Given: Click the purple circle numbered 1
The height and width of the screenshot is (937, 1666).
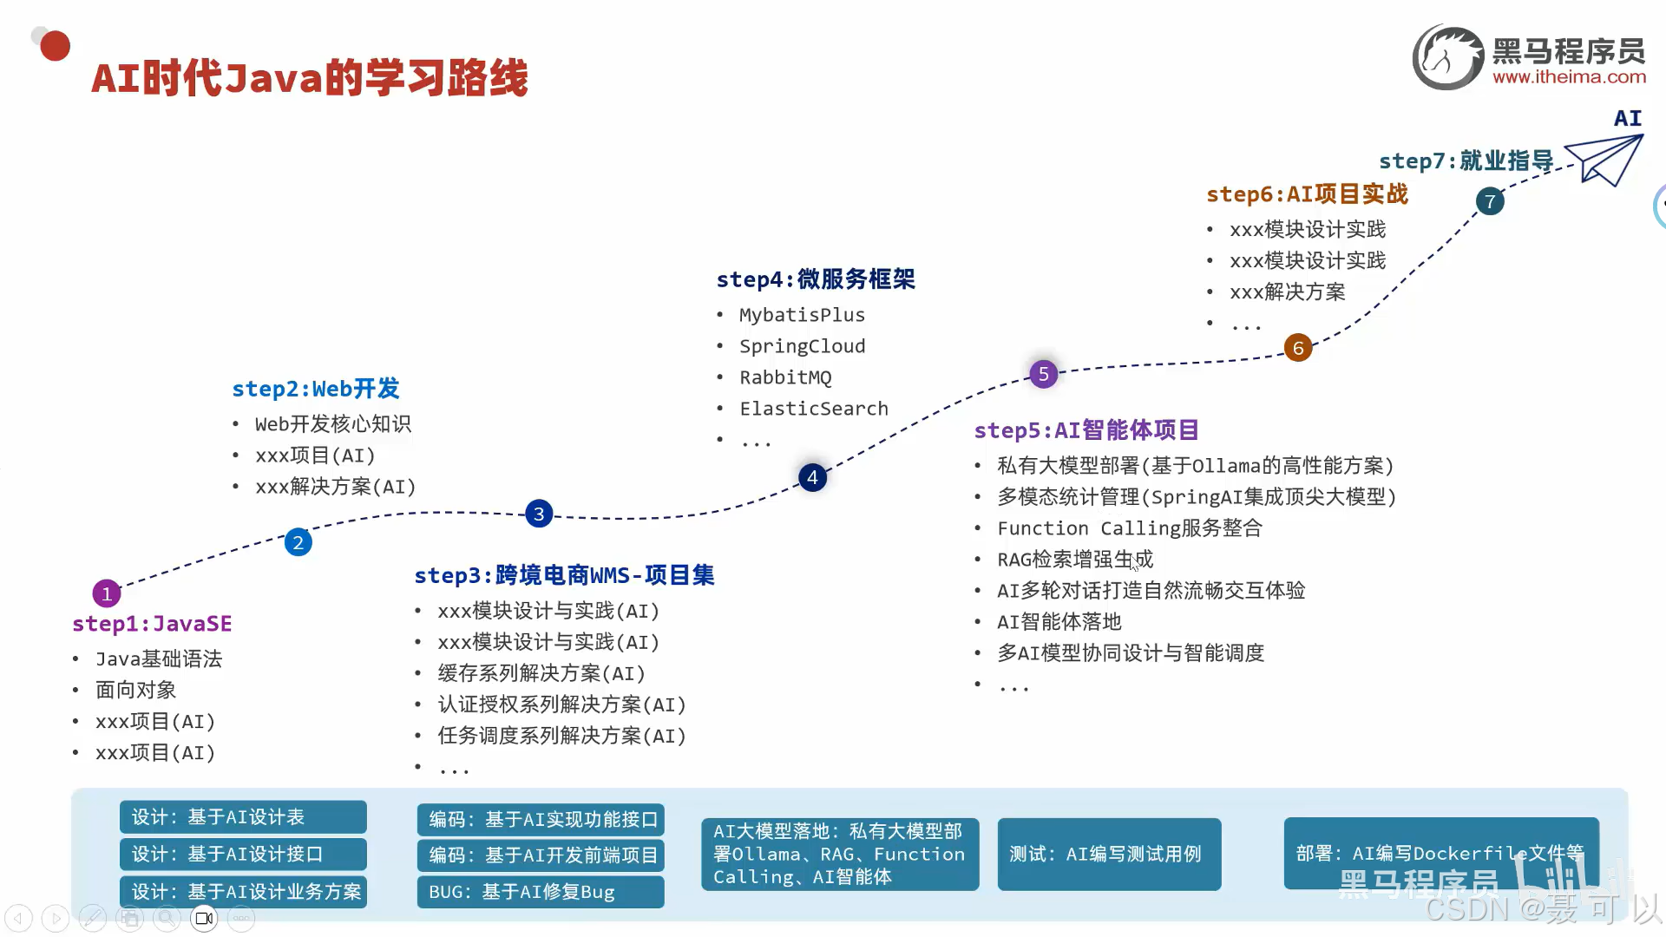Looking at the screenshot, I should coord(107,593).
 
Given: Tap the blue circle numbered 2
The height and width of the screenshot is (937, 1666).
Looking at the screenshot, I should coord(298,542).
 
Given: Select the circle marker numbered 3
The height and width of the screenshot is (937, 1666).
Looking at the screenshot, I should coord(539,514).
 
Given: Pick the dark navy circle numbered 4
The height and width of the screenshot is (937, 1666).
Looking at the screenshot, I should coord(812,477).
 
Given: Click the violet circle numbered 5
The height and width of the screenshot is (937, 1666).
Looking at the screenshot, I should coord(1044,374).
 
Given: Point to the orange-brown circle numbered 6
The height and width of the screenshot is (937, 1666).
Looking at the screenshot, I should coord(1298,348).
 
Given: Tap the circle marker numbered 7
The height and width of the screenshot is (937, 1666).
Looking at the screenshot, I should coord(1490,201).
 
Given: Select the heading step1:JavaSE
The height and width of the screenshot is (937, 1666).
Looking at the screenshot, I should coord(152,624).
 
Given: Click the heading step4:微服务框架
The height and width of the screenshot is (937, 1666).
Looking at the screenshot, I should coord(816,279).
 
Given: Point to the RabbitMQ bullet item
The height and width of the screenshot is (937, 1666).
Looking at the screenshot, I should coord(785,377).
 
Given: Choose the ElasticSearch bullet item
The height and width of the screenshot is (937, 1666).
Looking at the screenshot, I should coord(814,409).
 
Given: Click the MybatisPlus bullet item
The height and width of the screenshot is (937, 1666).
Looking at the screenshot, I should coord(802,315).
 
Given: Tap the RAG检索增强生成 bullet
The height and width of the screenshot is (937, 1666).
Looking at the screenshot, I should coord(1075,560).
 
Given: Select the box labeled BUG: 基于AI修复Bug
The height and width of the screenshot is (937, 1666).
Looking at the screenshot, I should coord(541,892).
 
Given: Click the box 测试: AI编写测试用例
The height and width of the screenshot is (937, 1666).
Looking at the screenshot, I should coord(1109,855).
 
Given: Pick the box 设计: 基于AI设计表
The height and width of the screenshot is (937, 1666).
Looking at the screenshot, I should coord(243,817).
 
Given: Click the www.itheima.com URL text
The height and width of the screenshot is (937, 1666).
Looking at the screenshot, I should coord(1569,77).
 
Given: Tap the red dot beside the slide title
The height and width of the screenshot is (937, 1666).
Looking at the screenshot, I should coord(55,46).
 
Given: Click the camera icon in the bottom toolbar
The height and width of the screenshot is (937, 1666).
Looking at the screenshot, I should coord(204,918).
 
